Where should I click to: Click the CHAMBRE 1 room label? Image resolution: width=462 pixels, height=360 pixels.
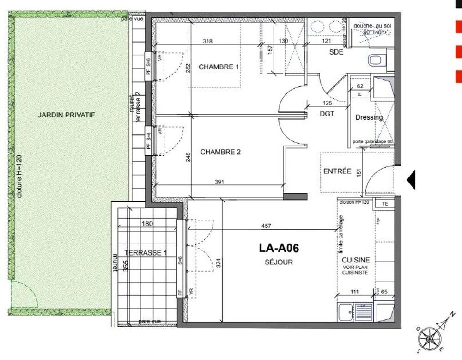(x=219, y=67)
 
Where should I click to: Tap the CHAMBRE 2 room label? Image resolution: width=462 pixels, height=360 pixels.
(x=220, y=152)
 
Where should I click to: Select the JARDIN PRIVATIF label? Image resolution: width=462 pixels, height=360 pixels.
(x=67, y=115)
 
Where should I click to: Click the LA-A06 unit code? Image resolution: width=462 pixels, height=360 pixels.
(x=279, y=249)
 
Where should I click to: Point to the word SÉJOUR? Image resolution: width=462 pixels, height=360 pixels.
(x=279, y=262)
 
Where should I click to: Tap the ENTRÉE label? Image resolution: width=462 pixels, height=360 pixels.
(x=337, y=171)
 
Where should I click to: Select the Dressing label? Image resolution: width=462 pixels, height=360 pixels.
(x=369, y=117)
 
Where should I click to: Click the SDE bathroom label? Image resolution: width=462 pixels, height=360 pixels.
(x=336, y=52)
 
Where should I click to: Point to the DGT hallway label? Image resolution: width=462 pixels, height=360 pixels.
(x=327, y=114)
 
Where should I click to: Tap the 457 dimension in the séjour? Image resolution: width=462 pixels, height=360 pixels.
(x=266, y=226)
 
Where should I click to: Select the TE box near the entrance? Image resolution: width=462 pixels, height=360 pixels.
(x=384, y=203)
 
